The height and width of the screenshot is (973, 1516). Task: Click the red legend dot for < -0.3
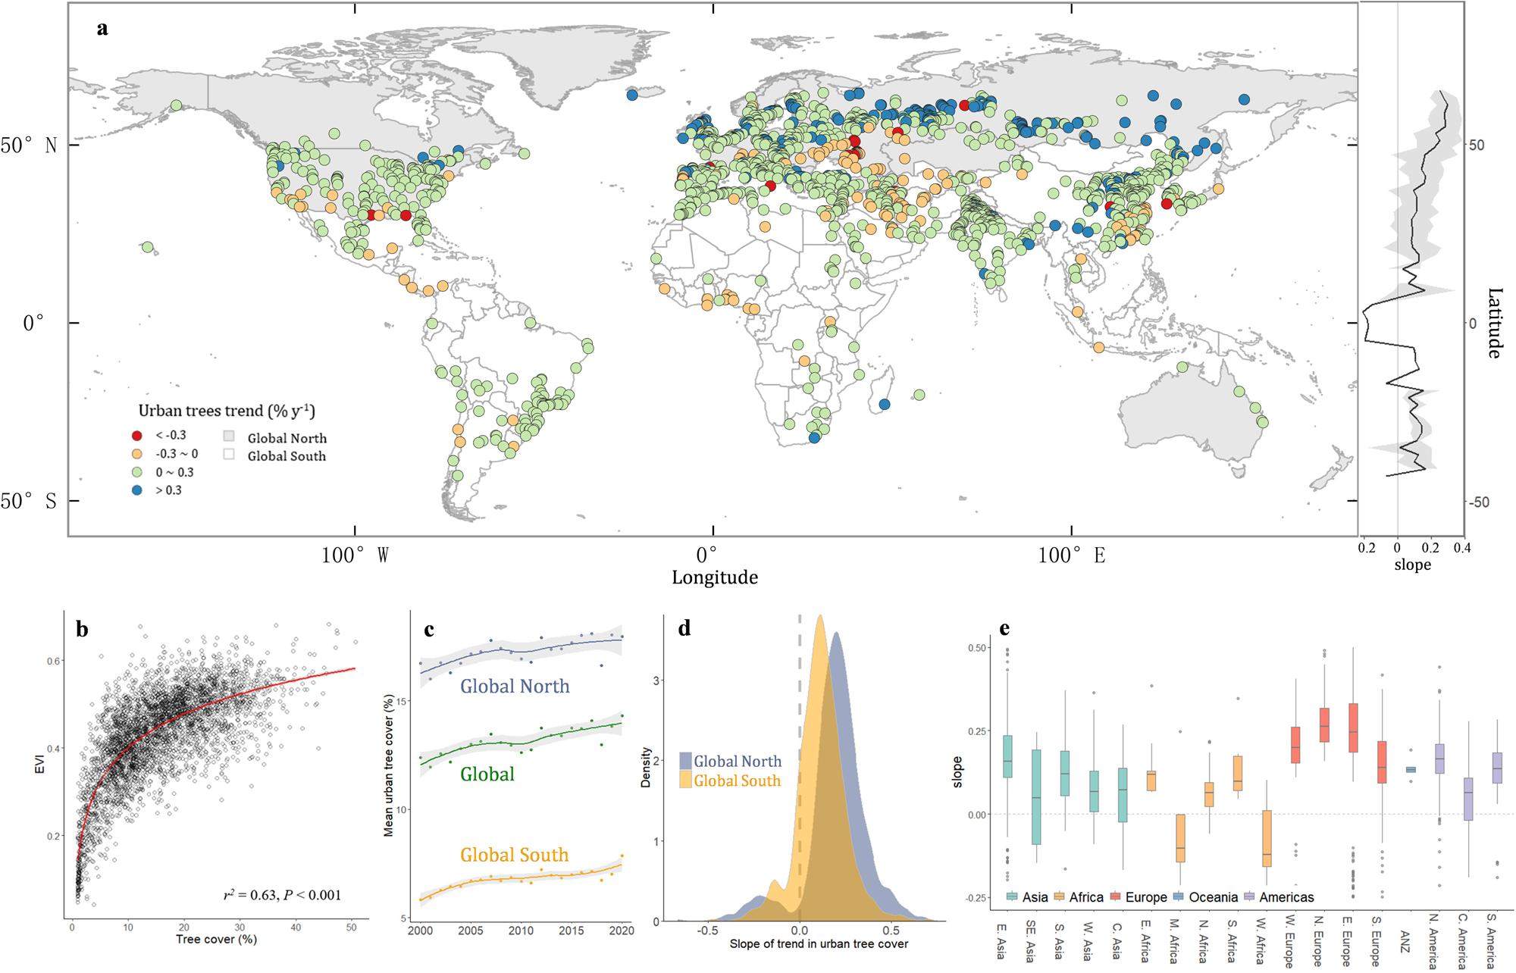coord(137,435)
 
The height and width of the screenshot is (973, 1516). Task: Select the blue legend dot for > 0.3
coord(137,490)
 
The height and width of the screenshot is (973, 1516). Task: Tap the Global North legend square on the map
coord(229,437)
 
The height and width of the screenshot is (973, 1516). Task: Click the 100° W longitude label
coord(355,555)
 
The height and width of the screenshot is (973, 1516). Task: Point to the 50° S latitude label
coord(29,501)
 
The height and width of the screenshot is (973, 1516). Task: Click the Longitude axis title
coord(714,577)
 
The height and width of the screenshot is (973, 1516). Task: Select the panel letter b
coord(82,630)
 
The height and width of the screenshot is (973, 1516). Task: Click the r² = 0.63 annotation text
coord(282,895)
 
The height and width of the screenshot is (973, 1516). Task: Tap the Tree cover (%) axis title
coord(216,940)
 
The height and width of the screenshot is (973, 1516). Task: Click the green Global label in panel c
coord(487,774)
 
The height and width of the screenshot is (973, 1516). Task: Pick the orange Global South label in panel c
coord(514,855)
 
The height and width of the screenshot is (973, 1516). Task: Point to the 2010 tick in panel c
coord(521,931)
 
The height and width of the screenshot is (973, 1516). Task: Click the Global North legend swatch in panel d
coord(685,761)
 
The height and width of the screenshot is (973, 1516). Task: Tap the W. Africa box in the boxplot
coord(1267,838)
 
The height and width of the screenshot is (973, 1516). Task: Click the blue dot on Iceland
coord(632,95)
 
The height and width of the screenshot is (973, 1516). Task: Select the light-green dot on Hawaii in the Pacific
coord(148,247)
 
